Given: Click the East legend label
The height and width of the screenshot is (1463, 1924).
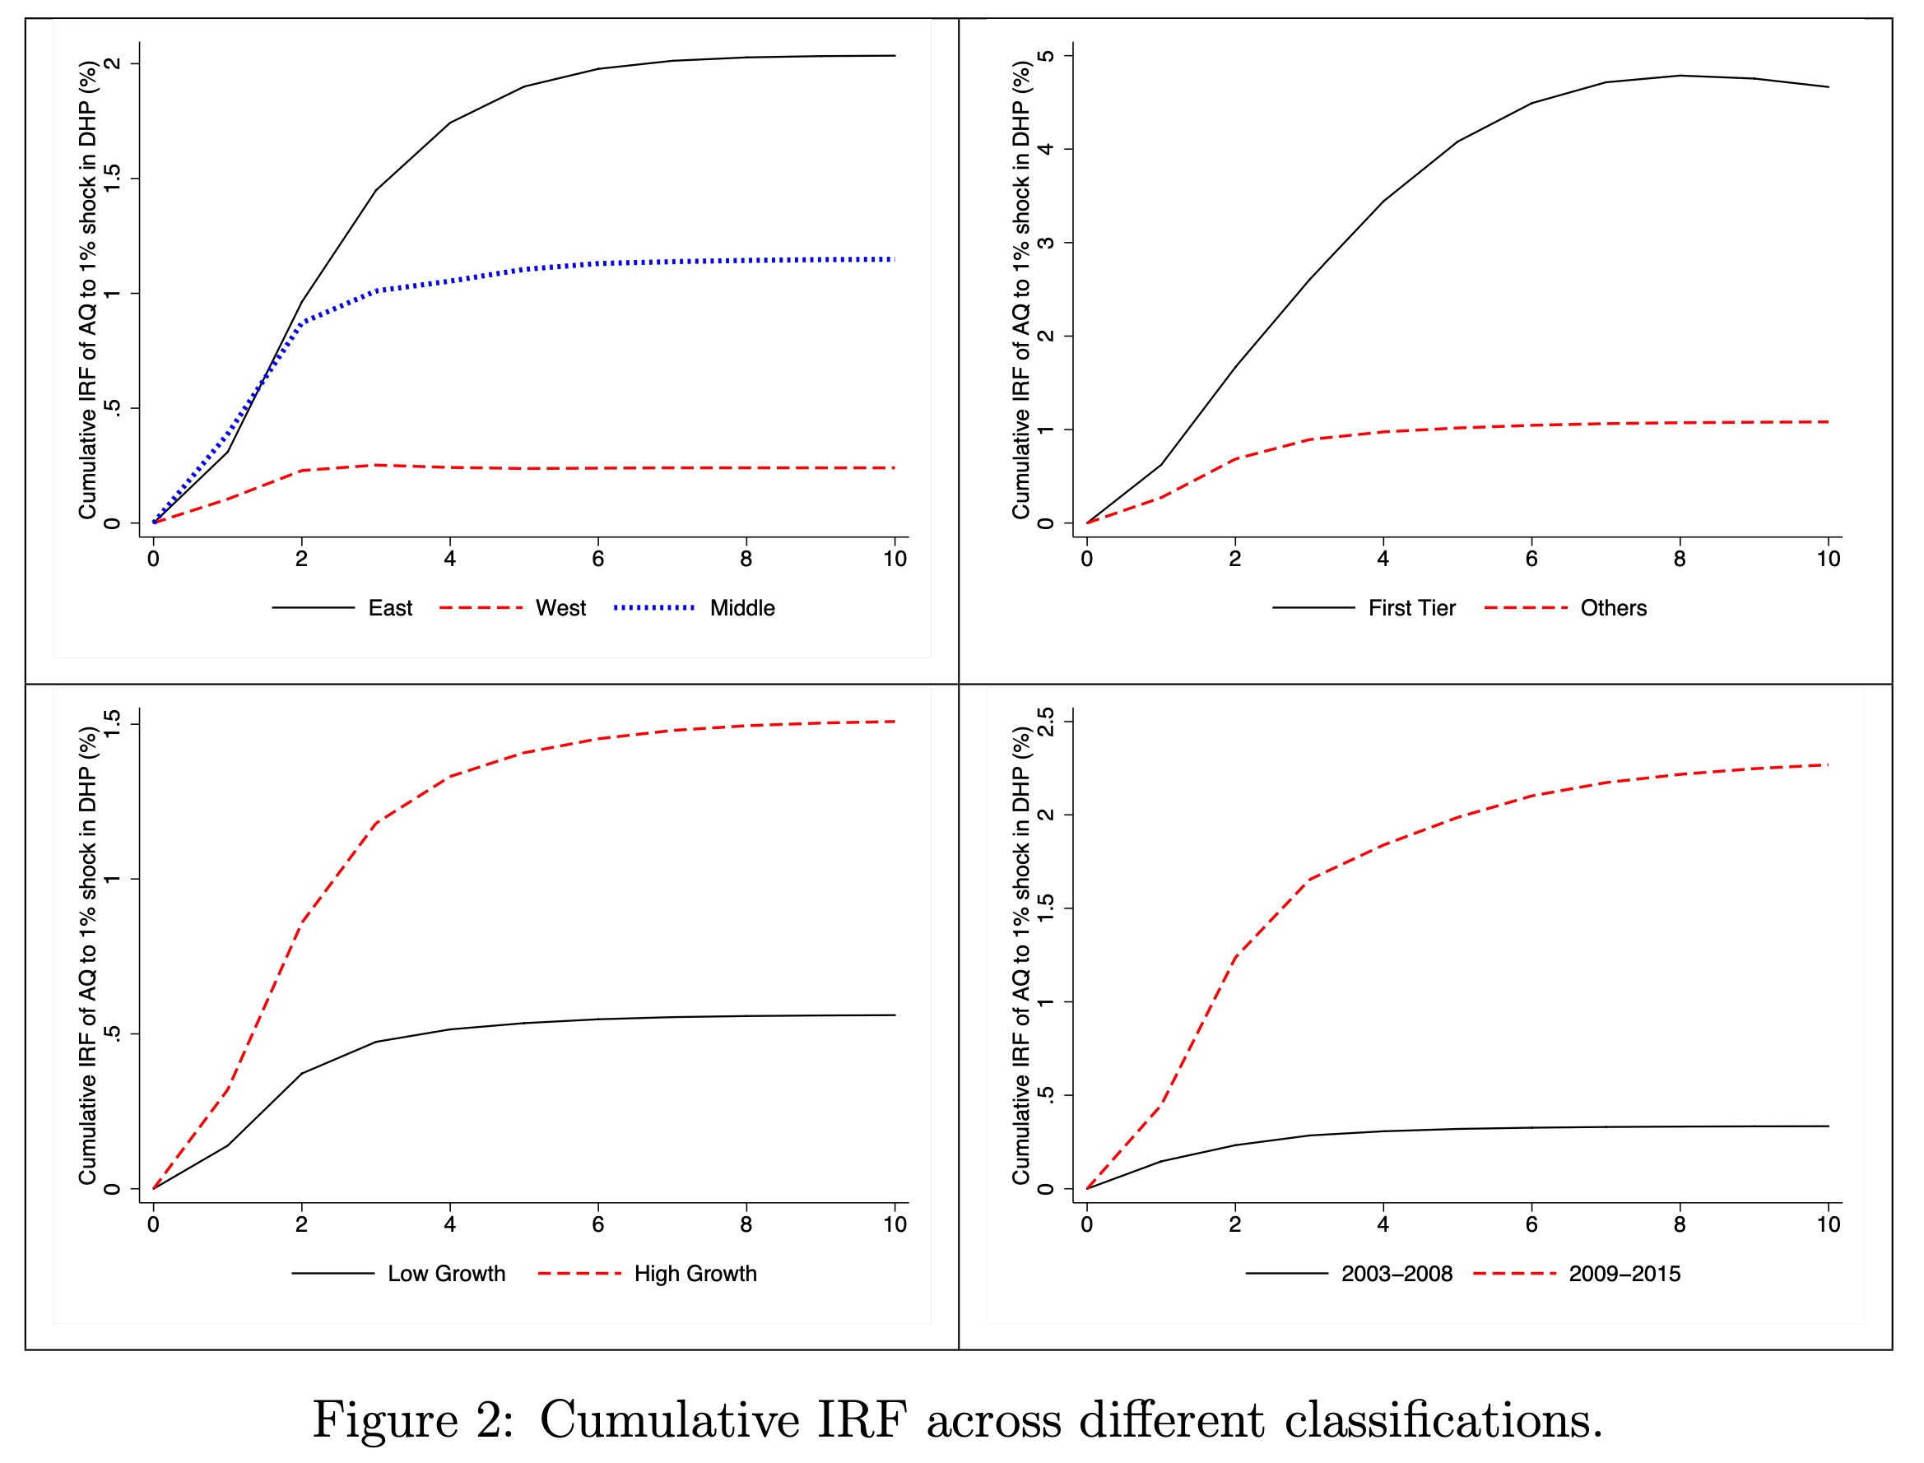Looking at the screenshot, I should pyautogui.click(x=389, y=608).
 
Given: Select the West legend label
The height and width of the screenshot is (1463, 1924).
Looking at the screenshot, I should pyautogui.click(x=560, y=608).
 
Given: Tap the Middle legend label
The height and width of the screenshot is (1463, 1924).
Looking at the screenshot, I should pyautogui.click(x=742, y=608).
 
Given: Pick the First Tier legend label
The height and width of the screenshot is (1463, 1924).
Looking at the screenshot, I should pyautogui.click(x=1411, y=608).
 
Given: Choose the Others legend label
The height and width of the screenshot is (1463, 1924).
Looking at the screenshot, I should pyautogui.click(x=1613, y=608).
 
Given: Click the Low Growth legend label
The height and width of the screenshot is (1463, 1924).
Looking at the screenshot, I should pyautogui.click(x=446, y=1273).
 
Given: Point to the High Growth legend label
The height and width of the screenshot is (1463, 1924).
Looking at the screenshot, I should pyautogui.click(x=695, y=1273).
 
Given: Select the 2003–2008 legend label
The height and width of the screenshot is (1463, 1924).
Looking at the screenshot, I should pyautogui.click(x=1397, y=1273).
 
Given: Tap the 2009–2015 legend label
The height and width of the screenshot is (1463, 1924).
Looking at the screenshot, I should pyautogui.click(x=1624, y=1273).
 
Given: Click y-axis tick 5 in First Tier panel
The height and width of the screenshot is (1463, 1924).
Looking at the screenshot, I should pyautogui.click(x=1046, y=56).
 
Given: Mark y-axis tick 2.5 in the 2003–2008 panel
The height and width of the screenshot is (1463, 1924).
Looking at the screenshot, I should pyautogui.click(x=1046, y=722).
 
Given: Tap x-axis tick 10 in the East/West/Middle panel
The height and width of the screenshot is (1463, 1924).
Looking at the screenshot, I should pyautogui.click(x=895, y=559).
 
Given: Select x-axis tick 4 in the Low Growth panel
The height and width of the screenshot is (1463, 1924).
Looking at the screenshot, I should pyautogui.click(x=449, y=1224).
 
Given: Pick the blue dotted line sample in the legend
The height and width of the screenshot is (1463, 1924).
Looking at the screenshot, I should pyautogui.click(x=653, y=607).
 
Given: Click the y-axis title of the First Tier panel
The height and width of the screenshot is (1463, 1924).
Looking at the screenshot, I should pyautogui.click(x=1020, y=290).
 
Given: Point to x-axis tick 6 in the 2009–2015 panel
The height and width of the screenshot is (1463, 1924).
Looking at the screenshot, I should pyautogui.click(x=1531, y=1224).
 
